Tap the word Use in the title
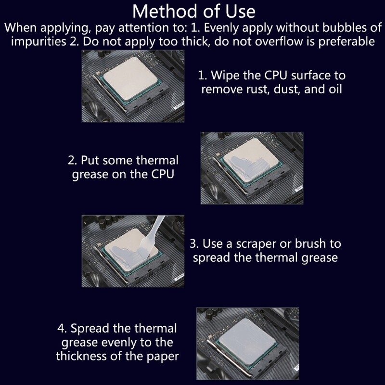tap(240, 12)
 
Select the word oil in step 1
tap(335, 89)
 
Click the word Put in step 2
tap(90, 160)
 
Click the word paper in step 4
tap(163, 357)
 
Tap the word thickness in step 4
tap(81, 356)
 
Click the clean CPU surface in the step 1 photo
tap(130, 78)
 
